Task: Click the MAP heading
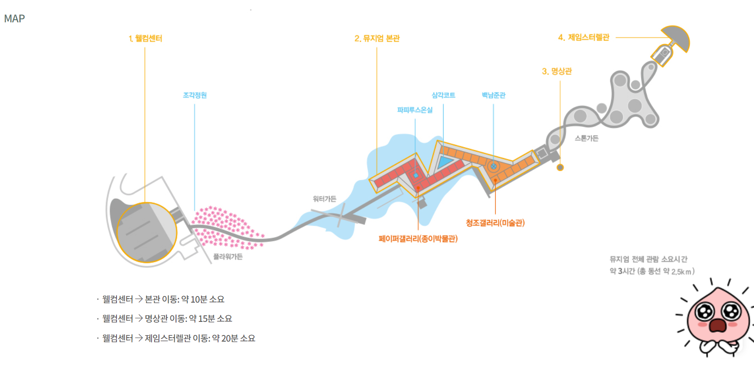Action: (x=14, y=19)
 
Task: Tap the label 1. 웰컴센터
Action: (x=145, y=39)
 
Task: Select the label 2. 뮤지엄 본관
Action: (x=377, y=39)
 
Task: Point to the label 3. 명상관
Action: (x=557, y=71)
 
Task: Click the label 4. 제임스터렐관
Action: (x=584, y=38)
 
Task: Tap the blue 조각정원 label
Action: (x=195, y=95)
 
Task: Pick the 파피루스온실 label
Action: (x=415, y=110)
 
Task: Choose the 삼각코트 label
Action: (x=443, y=95)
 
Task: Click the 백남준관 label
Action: (x=493, y=95)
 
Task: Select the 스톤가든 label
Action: (x=586, y=138)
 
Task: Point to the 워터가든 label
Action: (x=324, y=199)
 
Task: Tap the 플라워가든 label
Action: (x=228, y=257)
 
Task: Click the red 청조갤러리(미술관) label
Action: (x=495, y=223)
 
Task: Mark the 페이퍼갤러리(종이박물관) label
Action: (x=418, y=239)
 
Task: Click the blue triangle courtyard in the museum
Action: (x=446, y=161)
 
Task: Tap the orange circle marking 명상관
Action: (x=560, y=167)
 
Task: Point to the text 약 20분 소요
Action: (x=234, y=339)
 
